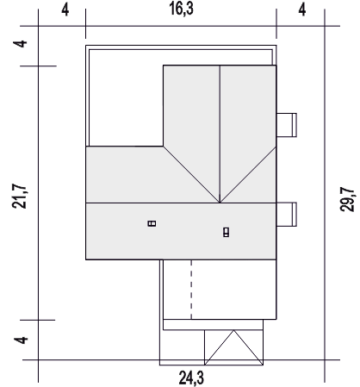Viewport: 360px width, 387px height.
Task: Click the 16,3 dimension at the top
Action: pyautogui.click(x=181, y=9)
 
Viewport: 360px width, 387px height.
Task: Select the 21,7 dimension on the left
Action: pyautogui.click(x=20, y=196)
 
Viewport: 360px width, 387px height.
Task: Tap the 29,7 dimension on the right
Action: pyautogui.click(x=348, y=199)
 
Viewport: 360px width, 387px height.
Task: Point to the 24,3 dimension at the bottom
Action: pyautogui.click(x=191, y=378)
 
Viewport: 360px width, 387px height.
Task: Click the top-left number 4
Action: pyautogui.click(x=65, y=10)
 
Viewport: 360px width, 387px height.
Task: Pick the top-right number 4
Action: pyautogui.click(x=302, y=10)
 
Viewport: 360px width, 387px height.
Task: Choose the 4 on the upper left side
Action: pyautogui.click(x=21, y=44)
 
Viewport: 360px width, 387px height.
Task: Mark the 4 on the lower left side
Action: pyautogui.click(x=22, y=340)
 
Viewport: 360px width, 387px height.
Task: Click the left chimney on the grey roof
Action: pyautogui.click(x=152, y=223)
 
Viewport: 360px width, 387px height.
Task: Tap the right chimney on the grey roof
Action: pyautogui.click(x=227, y=232)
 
